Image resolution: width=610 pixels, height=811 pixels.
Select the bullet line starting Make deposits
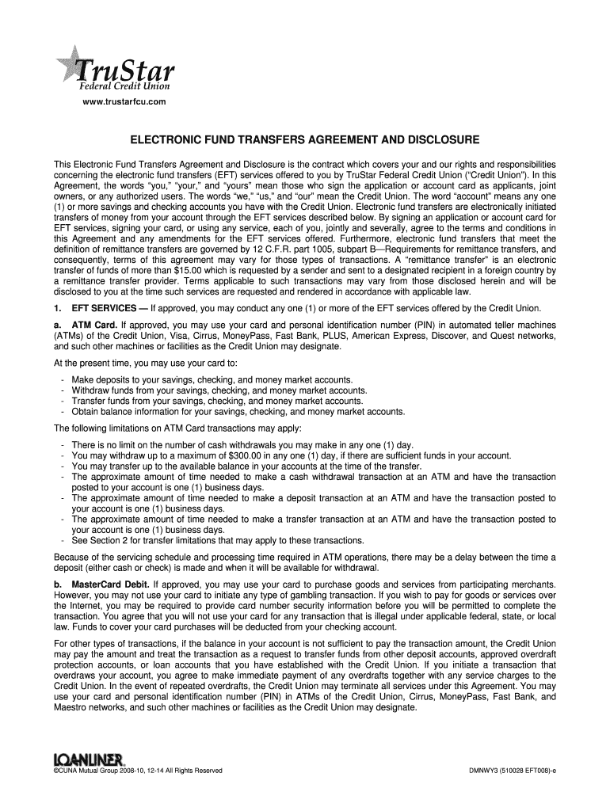[x=212, y=380]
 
